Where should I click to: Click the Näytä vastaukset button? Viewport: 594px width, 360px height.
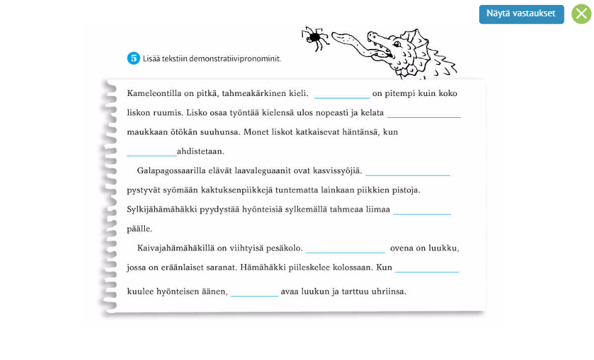click(521, 14)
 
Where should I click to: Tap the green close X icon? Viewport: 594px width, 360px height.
click(581, 14)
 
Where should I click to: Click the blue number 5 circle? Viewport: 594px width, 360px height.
click(133, 58)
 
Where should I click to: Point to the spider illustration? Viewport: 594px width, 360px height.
click(315, 38)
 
